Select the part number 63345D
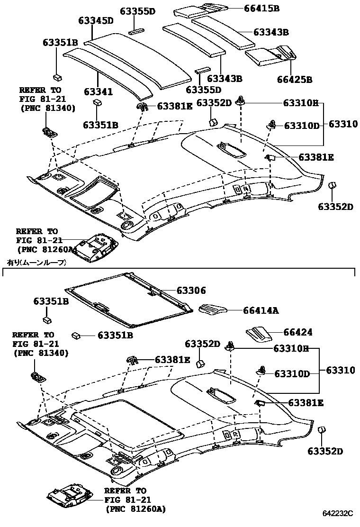(x=96, y=20)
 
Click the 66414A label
(x=261, y=310)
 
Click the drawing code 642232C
(x=338, y=513)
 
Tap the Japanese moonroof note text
(x=36, y=262)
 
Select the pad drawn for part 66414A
(x=213, y=309)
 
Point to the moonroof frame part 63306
(x=128, y=301)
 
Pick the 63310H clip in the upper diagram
(x=242, y=100)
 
